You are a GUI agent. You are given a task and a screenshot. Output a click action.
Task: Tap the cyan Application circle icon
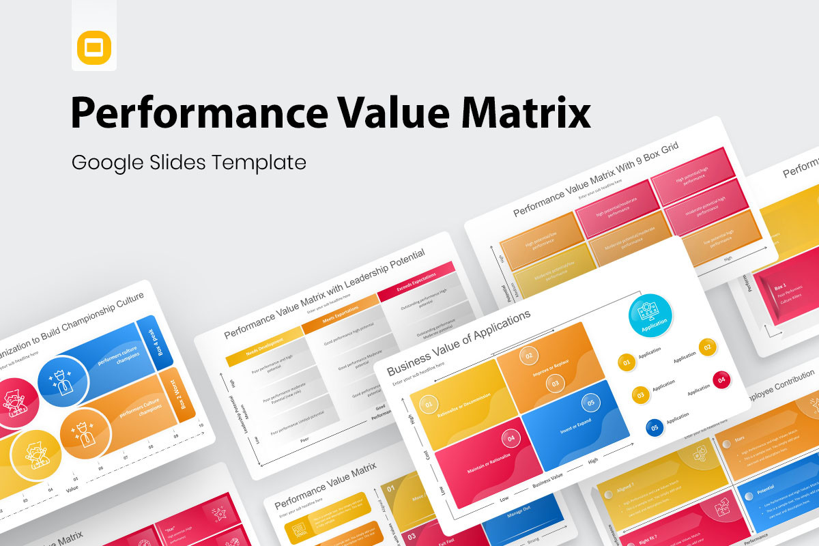tap(650, 315)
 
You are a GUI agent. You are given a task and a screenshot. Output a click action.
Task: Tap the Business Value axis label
tap(547, 477)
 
